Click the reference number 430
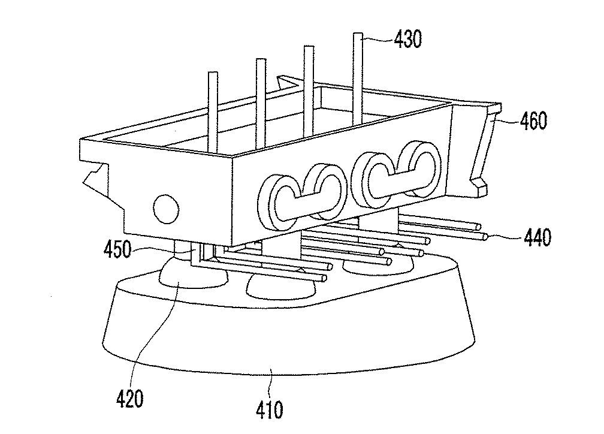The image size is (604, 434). point(408,39)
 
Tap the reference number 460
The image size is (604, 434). point(533,120)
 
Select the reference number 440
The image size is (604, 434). point(537,237)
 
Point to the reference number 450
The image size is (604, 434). point(117,249)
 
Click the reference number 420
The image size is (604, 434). point(130,399)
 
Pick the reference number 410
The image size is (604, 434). point(270,409)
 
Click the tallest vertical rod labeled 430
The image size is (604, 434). point(358,79)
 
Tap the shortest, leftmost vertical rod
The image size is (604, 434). point(213,112)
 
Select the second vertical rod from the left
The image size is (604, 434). point(261,103)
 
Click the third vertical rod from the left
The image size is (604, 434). point(309,91)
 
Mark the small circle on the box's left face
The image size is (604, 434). point(166,209)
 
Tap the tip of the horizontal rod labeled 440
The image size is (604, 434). point(486,237)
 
